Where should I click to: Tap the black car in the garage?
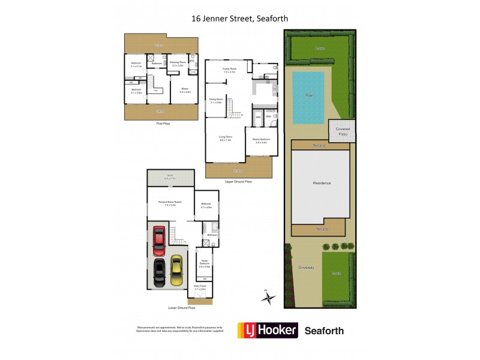(160, 273)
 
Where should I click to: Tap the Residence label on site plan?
(322, 183)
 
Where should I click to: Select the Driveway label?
(307, 267)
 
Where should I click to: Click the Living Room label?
(225, 138)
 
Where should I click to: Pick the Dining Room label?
(216, 100)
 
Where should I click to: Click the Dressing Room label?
(177, 62)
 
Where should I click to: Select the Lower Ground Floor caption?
(182, 307)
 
